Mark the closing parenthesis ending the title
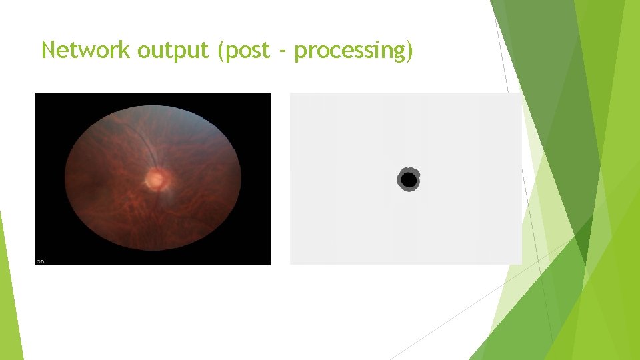pos(409,51)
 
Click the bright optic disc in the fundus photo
pos(155,178)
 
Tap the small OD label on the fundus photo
pos(40,261)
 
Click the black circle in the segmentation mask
pos(409,180)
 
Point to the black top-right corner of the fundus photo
pos(263,100)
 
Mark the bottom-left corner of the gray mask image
pos(292,262)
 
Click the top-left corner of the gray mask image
pos(292,95)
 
